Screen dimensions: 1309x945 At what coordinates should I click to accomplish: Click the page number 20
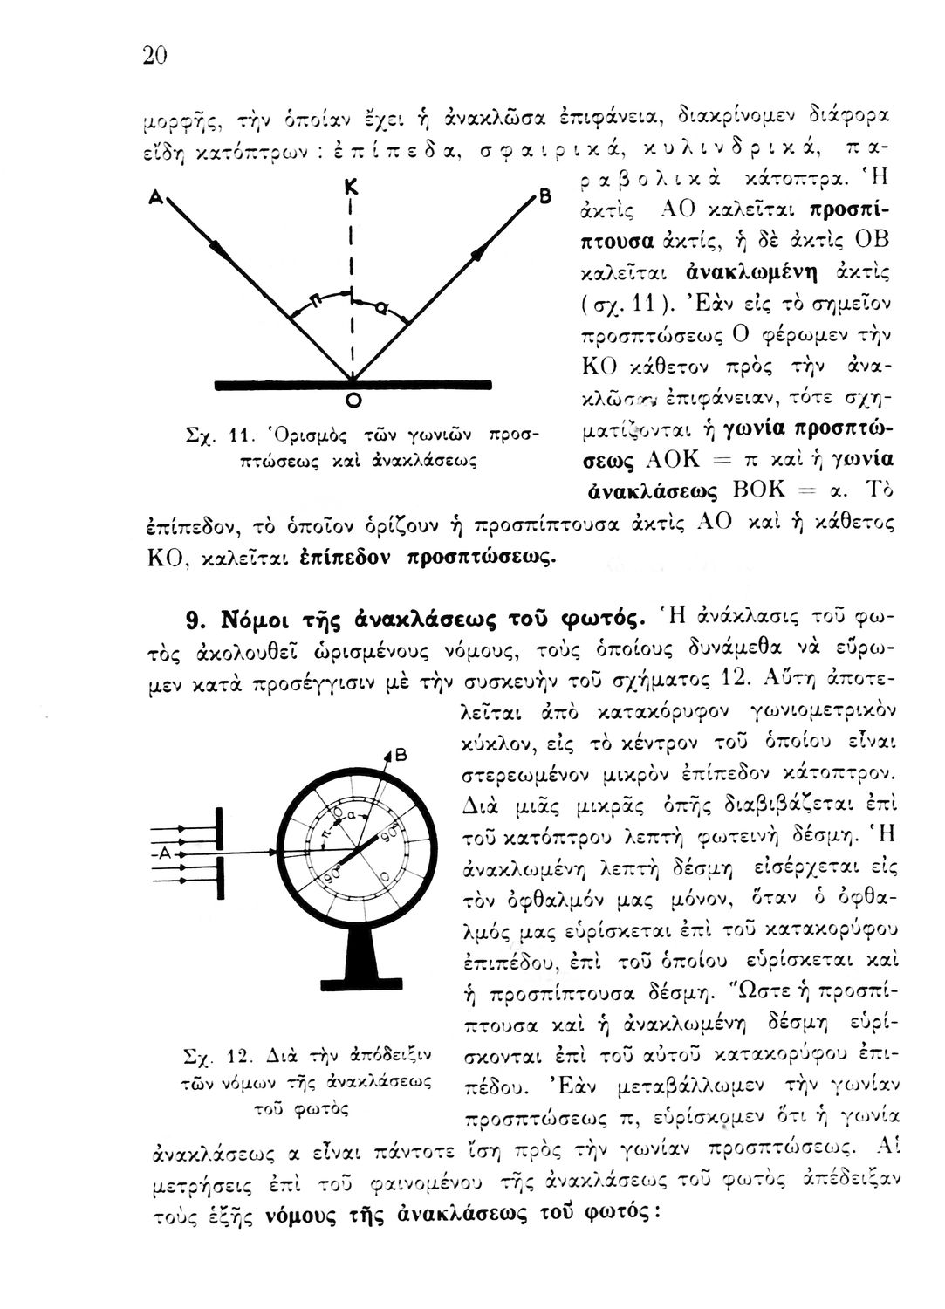coord(154,56)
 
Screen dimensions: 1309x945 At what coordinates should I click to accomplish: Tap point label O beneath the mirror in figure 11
coord(354,401)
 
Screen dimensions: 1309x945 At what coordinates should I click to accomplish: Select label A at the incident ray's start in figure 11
coord(154,199)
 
